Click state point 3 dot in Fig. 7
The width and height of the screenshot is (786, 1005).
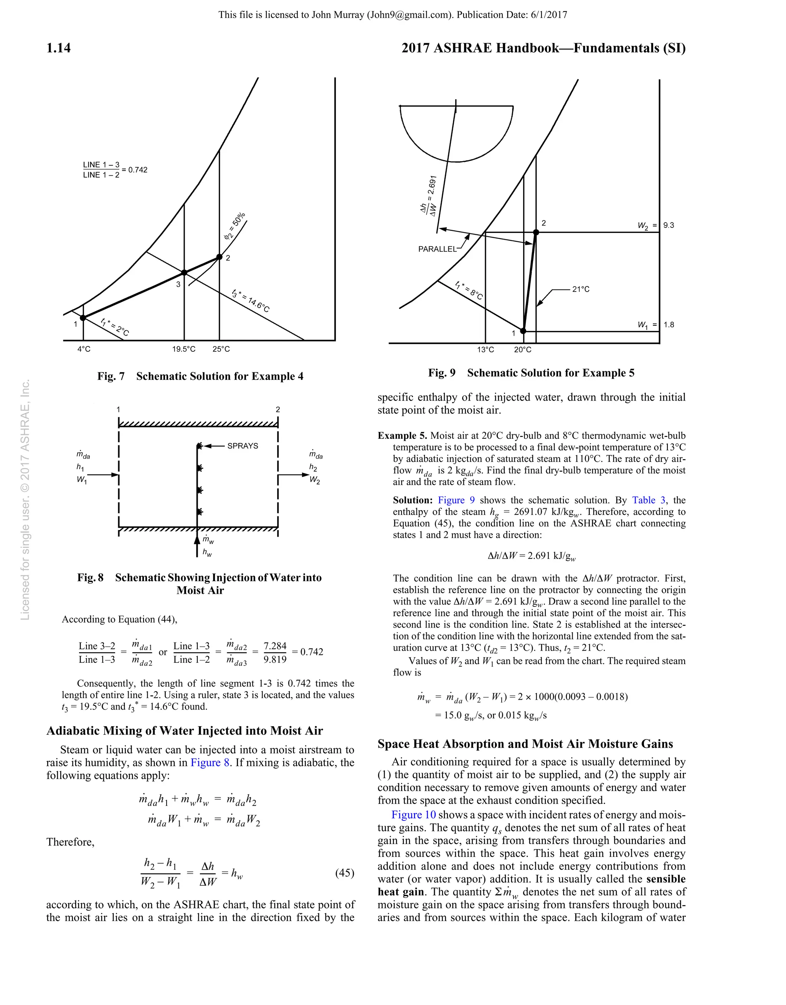pyautogui.click(x=184, y=273)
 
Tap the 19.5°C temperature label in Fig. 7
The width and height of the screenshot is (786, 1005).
pyautogui.click(x=184, y=349)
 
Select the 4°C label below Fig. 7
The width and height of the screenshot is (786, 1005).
pyautogui.click(x=84, y=349)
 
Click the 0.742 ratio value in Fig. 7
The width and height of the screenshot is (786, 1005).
pyautogui.click(x=137, y=170)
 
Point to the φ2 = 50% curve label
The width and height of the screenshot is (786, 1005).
pyautogui.click(x=235, y=226)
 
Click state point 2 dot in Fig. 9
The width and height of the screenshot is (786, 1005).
pyautogui.click(x=536, y=232)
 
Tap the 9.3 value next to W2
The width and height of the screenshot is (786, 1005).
pyautogui.click(x=669, y=226)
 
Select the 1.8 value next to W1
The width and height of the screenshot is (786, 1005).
pyautogui.click(x=669, y=325)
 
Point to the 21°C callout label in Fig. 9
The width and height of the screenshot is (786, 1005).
pyautogui.click(x=581, y=290)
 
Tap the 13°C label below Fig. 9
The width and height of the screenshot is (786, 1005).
pyautogui.click(x=485, y=350)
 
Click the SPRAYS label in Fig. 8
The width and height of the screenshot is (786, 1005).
pyautogui.click(x=243, y=446)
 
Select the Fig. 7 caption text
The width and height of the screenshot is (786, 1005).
pyautogui.click(x=200, y=376)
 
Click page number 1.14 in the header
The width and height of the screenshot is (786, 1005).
pyautogui.click(x=58, y=48)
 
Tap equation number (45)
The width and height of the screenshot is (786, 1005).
pyautogui.click(x=344, y=873)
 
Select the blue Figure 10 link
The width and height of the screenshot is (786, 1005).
pyautogui.click(x=413, y=815)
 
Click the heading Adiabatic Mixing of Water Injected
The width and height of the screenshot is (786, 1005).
pyautogui.click(x=185, y=731)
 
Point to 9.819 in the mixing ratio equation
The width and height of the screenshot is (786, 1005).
pyautogui.click(x=275, y=659)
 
